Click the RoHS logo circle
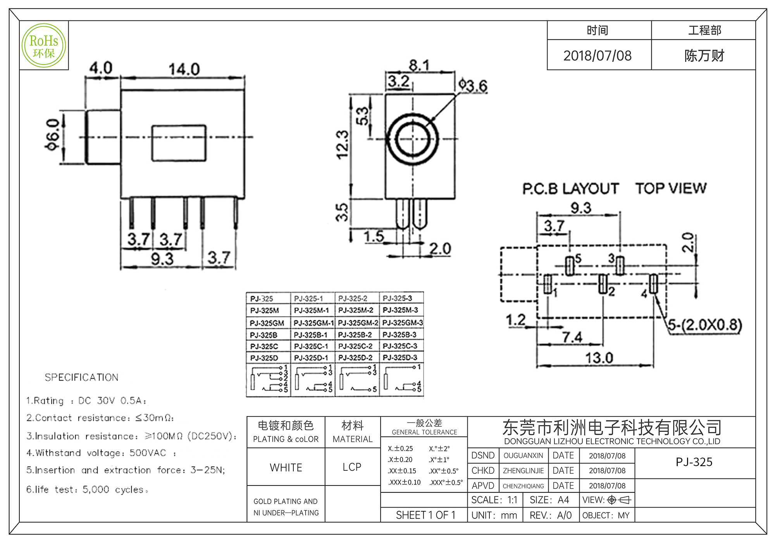44,46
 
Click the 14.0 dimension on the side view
184,70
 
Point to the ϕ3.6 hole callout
473,85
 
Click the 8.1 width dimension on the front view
419,65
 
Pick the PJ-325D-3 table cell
400,357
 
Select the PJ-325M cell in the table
264,310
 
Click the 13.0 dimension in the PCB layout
599,358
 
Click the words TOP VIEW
671,189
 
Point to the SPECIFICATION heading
81,377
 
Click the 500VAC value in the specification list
148,453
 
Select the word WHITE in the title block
286,468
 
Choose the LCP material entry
352,467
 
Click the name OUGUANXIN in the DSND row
523,456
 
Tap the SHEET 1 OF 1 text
425,515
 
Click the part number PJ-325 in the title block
694,462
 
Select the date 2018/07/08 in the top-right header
597,56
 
